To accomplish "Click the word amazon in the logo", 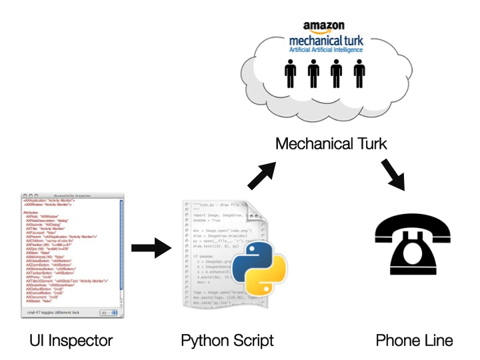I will click(324, 27).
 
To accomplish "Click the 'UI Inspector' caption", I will click(72, 341).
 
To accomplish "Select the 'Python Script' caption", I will click(227, 341).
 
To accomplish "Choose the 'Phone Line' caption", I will click(414, 341).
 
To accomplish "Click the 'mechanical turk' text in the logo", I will click(325, 39).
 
